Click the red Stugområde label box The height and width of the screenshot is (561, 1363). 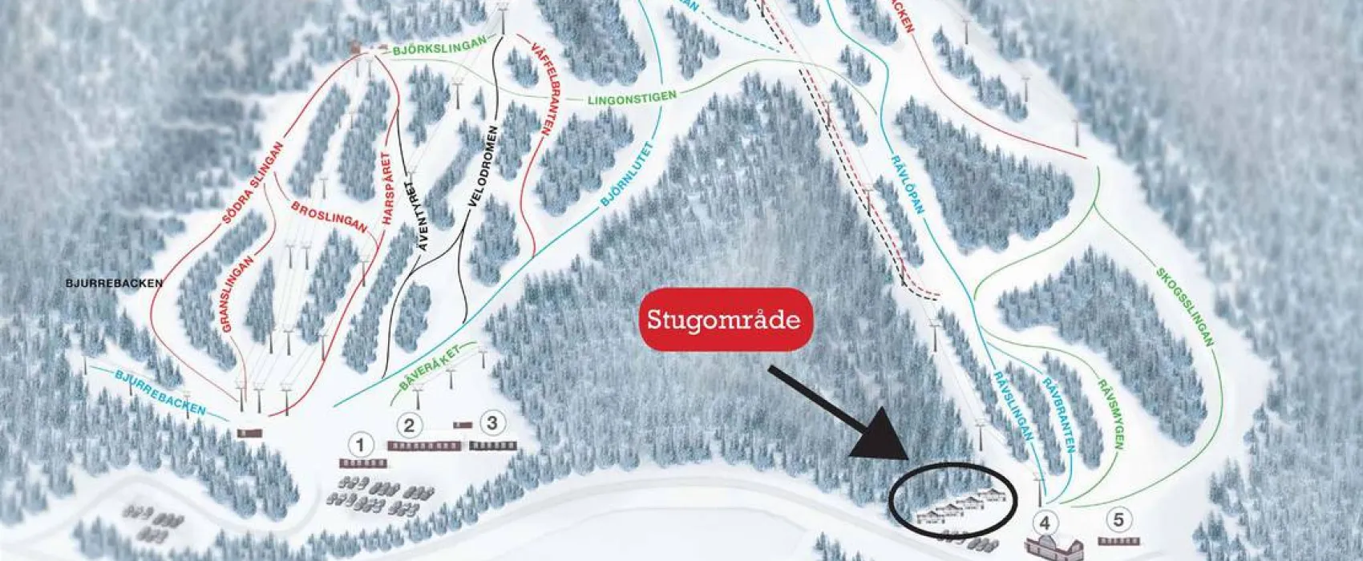[724, 320]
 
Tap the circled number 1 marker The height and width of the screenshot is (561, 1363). [361, 445]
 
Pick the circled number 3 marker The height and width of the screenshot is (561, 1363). [492, 422]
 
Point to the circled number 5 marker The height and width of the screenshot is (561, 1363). [1120, 518]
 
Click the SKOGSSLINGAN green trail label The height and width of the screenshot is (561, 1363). [1185, 307]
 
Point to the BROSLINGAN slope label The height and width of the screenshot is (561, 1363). [330, 217]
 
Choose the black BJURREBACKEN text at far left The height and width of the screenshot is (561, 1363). [114, 283]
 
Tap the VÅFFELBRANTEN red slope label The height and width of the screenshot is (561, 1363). [543, 91]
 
